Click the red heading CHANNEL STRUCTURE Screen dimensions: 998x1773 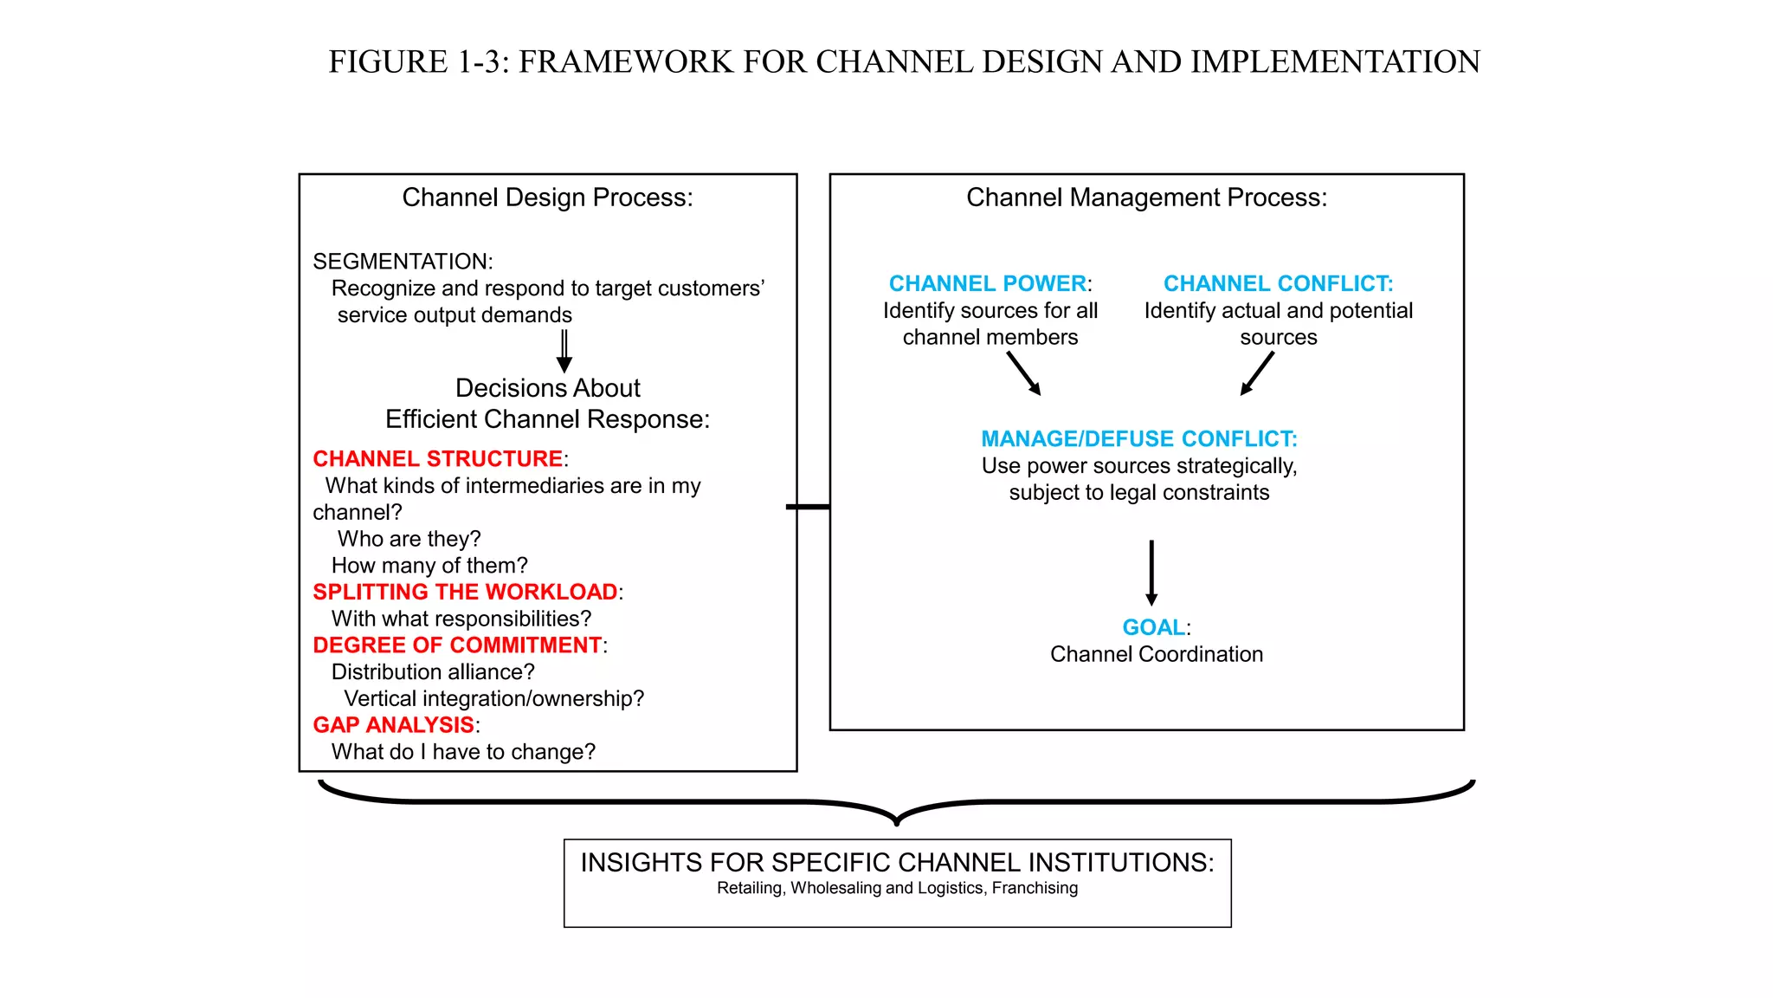tap(437, 458)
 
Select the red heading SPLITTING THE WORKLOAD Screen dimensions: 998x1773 tap(465, 592)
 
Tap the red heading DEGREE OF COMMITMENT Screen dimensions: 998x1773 tap(457, 645)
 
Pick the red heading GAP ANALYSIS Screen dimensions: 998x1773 tap(393, 725)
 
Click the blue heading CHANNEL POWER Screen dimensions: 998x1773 tap(987, 283)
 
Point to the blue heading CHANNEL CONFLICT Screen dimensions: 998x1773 tap(1278, 283)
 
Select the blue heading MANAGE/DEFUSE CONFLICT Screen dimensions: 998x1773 tap(1138, 438)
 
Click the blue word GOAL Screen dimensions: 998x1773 tap(1153, 627)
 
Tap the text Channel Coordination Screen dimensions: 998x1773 tap(1156, 654)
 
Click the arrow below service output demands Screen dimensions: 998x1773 tap(564, 350)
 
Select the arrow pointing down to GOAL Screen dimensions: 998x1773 tap(1151, 572)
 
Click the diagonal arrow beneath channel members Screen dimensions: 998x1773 tap(1024, 373)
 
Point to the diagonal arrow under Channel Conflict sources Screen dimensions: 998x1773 tap(1257, 373)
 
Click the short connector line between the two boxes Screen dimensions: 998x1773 tap(809, 507)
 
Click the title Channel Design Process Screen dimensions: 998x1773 tap(547, 198)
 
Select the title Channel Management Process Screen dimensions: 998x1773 tap(1146, 198)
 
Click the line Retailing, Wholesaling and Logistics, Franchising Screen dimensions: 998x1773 tap(897, 888)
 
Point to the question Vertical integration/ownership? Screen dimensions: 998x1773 tap(493, 698)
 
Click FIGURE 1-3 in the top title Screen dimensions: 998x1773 tap(419, 62)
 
